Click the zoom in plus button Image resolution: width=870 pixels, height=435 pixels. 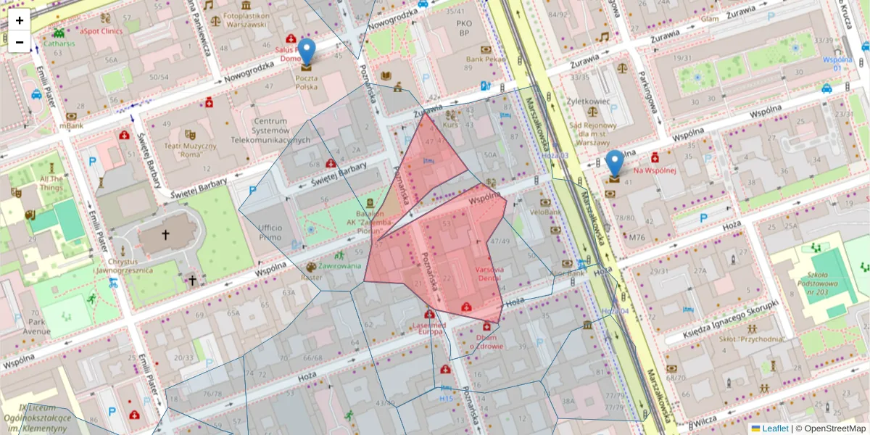pyautogui.click(x=20, y=20)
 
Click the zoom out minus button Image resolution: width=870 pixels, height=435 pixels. pyautogui.click(x=20, y=42)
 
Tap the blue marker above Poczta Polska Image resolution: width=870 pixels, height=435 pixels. pyautogui.click(x=307, y=52)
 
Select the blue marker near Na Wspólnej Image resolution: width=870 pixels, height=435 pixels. pyautogui.click(x=615, y=164)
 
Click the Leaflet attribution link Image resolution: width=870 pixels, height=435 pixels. pyautogui.click(x=775, y=428)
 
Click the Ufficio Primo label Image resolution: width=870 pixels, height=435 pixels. pyautogui.click(x=270, y=233)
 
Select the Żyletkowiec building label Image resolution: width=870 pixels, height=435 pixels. pyautogui.click(x=587, y=102)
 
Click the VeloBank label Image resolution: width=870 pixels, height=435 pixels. pyautogui.click(x=545, y=212)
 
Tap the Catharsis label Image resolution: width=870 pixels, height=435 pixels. pyautogui.click(x=59, y=43)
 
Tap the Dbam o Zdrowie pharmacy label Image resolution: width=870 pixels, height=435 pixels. pyautogui.click(x=485, y=341)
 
